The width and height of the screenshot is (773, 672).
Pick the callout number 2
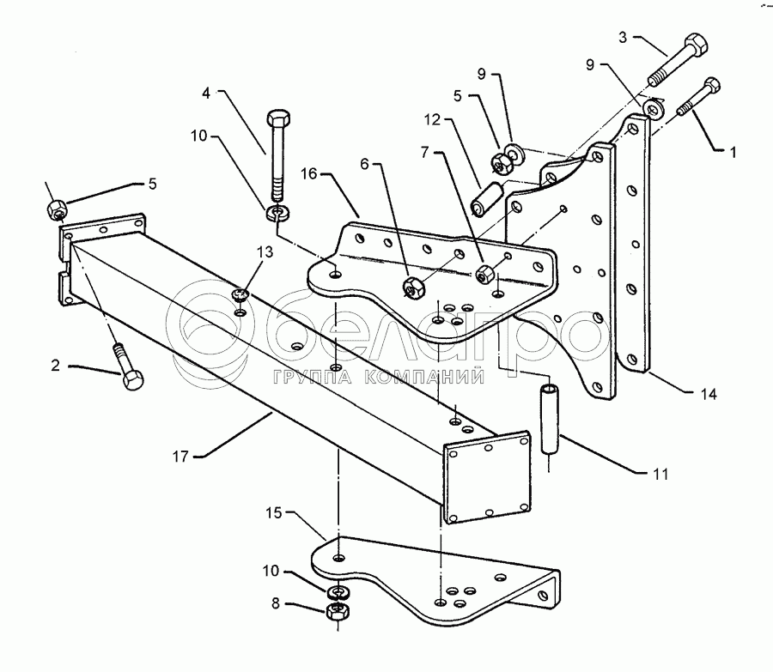tap(55, 366)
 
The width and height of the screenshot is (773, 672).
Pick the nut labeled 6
tap(411, 287)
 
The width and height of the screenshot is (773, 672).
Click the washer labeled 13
tap(240, 295)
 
